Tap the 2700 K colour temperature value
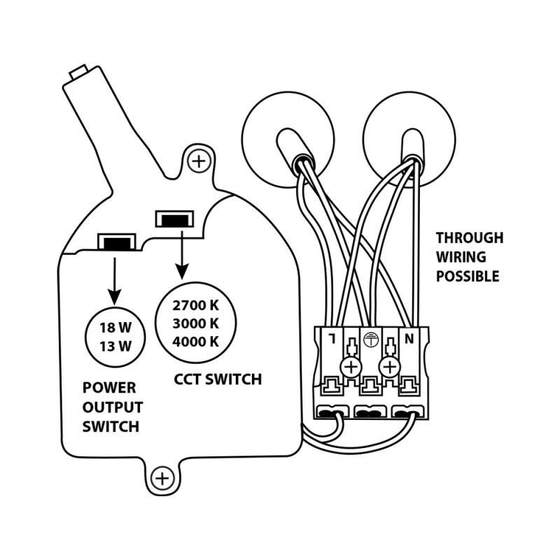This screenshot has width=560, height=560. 196,306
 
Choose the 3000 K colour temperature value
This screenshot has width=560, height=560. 196,323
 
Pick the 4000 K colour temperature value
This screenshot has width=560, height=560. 196,342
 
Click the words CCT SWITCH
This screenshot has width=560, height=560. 217,380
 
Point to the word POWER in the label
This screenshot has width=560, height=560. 109,388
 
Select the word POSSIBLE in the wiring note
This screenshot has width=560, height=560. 468,276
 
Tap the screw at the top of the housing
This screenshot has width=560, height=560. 200,162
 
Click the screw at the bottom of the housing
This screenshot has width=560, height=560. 162,479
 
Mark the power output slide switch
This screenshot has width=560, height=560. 115,244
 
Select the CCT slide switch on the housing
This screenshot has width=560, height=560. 170,220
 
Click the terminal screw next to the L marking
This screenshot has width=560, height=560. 351,367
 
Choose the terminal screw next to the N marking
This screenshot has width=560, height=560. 388,367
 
